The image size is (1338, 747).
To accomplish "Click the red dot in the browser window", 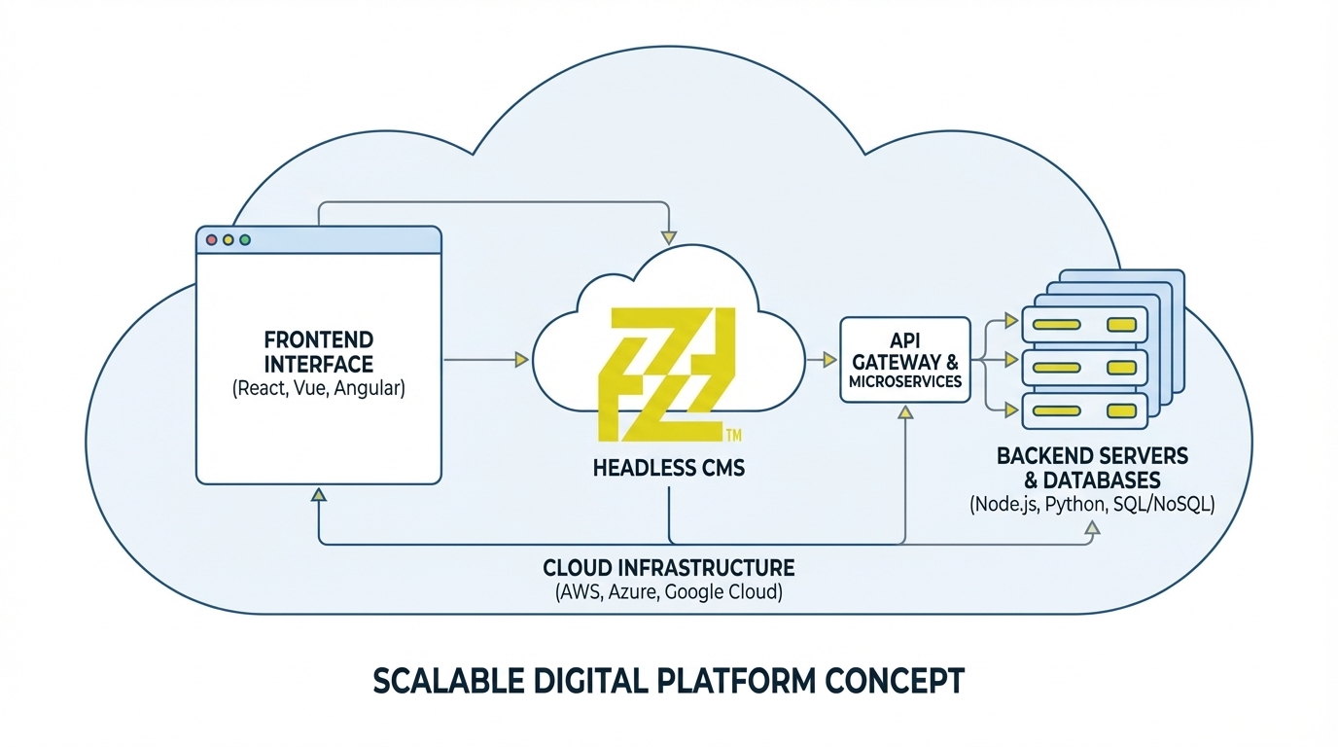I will coord(212,239).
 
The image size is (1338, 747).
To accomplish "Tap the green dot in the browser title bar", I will coord(245,239).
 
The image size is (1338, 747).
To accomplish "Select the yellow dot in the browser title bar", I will coord(229,239).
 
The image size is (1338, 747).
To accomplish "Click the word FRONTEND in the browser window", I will coord(318,340).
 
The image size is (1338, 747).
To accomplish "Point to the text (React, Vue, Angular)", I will coord(318,389).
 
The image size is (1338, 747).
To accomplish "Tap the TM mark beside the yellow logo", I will coord(734,434).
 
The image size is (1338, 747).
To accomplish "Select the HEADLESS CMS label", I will coord(668,468).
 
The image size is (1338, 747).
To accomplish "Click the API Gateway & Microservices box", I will coord(904,360).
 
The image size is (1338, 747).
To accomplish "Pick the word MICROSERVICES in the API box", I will coord(904,381).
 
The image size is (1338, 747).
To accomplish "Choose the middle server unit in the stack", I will coord(1083,367).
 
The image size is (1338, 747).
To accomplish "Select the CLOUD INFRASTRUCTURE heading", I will coord(668,567).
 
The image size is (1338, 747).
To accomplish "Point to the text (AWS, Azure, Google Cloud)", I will coord(668,591).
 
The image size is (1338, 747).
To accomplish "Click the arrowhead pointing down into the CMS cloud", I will coord(668,236).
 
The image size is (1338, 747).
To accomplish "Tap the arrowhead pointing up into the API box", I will coord(905,413).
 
